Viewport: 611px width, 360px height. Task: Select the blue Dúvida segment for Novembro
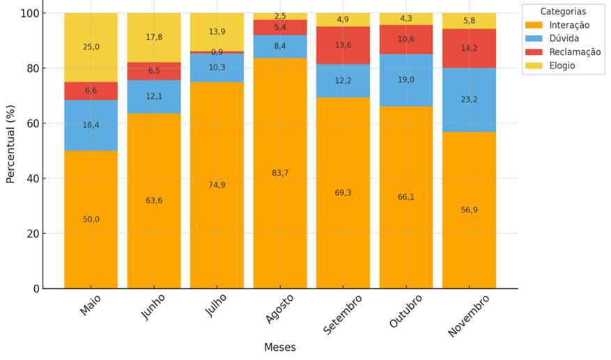[x=469, y=100]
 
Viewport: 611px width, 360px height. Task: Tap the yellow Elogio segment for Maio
[x=91, y=47]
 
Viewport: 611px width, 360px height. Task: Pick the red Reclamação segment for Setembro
[x=343, y=45]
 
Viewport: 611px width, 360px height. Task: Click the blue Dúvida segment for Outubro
[x=406, y=79]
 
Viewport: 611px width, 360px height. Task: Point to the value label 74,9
[x=217, y=185]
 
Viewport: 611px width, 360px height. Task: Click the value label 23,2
[x=469, y=100]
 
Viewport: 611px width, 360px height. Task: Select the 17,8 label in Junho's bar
[x=154, y=38]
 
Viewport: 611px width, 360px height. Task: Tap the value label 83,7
[x=279, y=173]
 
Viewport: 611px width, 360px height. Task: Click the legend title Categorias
[x=563, y=11]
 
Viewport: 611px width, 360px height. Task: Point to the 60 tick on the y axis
[x=33, y=124]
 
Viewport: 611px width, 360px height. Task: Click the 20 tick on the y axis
[x=33, y=234]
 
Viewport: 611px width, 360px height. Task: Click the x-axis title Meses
[x=279, y=347]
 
